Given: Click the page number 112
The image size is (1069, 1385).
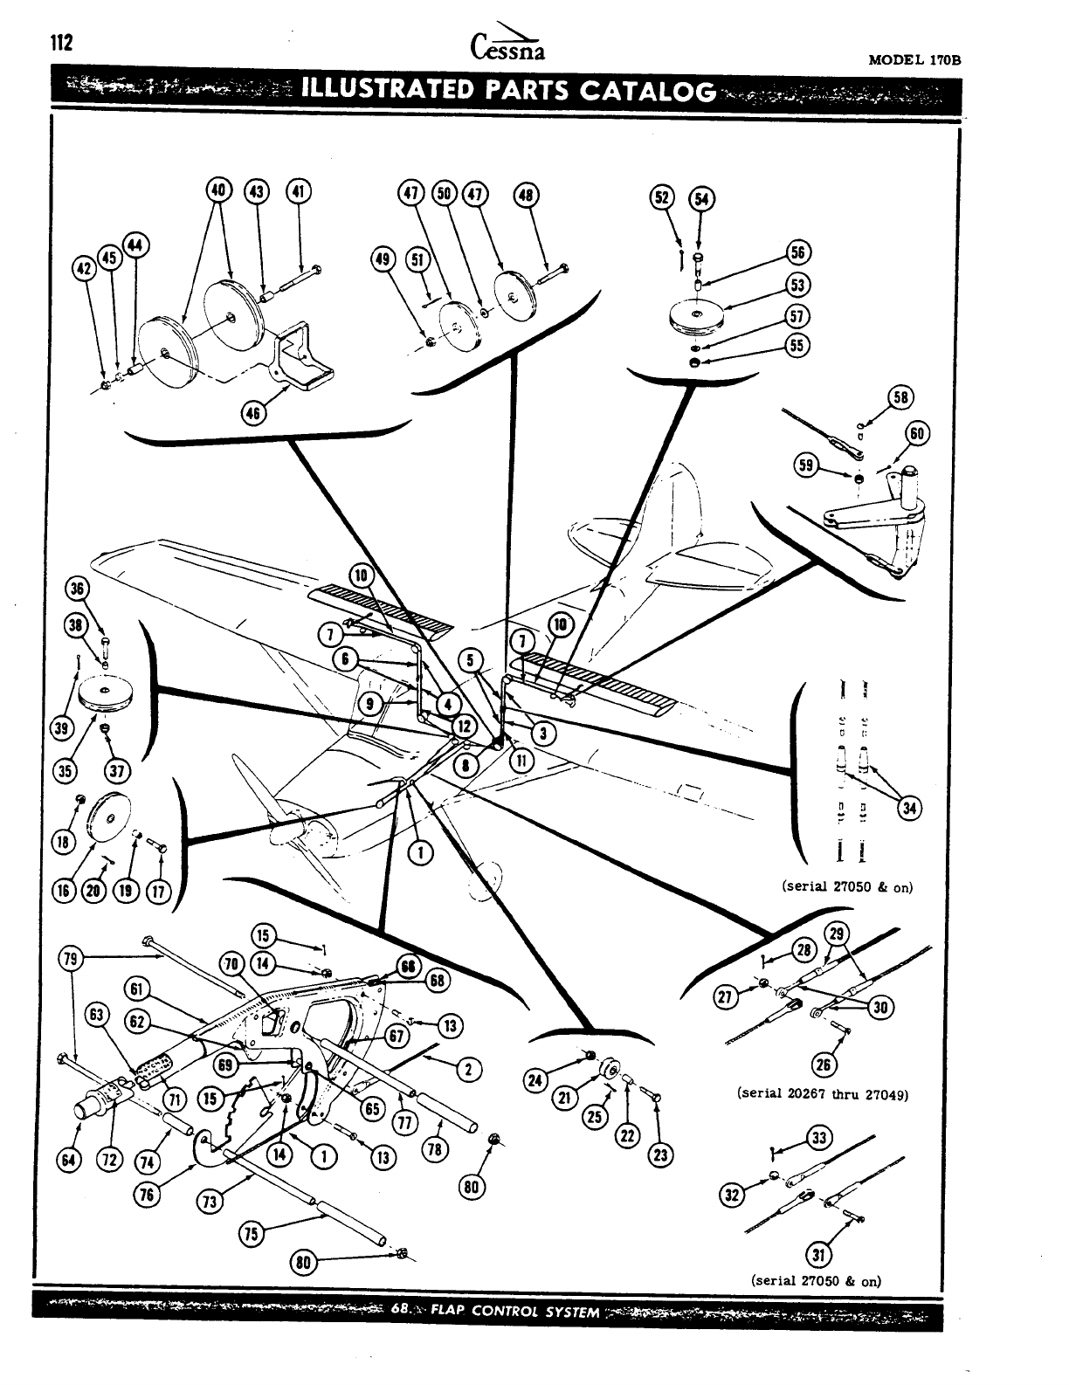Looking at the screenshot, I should (60, 43).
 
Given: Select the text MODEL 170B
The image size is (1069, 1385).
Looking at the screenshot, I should (914, 61).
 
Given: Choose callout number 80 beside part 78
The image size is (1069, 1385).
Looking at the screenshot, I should (472, 1186).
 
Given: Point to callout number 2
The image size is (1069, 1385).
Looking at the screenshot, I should (468, 1069).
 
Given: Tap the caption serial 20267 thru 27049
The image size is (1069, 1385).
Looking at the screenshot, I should (824, 1093).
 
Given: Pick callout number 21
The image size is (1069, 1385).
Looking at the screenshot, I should (564, 1097).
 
